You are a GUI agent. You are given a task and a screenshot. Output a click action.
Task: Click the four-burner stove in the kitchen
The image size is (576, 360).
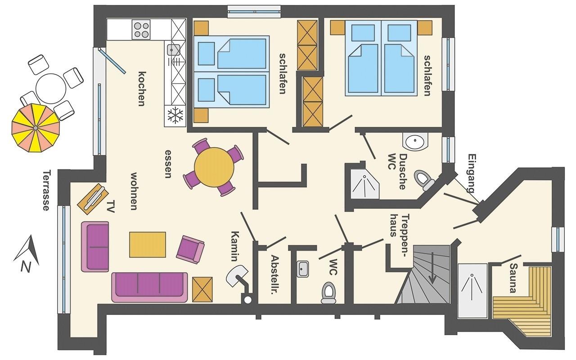141,30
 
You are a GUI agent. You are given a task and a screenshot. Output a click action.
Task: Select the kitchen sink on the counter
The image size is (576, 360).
174,50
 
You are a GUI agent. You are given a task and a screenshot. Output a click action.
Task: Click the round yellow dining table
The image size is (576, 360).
214,167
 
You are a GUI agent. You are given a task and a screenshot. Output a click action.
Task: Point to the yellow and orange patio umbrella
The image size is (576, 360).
36,128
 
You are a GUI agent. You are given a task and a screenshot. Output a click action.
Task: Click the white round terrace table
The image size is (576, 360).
51,89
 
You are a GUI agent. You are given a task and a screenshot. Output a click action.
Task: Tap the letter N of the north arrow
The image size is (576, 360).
26,266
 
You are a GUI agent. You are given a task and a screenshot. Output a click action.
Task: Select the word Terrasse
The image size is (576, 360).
46,190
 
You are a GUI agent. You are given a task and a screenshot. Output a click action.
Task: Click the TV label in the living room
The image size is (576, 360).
110,206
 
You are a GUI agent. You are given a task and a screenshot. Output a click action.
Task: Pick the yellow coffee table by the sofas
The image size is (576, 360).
147,244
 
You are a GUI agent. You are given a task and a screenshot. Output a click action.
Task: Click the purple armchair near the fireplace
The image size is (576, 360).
190,249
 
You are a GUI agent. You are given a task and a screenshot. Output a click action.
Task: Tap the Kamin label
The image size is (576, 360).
235,246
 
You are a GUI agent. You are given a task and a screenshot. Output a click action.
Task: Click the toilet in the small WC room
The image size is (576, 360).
328,292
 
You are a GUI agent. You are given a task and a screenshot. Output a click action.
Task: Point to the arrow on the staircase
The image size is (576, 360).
432,267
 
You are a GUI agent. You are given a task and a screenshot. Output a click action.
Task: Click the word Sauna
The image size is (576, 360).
513,278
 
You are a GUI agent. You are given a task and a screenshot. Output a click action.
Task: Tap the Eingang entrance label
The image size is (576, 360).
471,173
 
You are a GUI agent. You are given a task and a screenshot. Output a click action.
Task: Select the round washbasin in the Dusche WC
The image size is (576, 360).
415,141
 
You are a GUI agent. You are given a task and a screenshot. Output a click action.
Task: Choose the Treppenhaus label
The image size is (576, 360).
398,225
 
